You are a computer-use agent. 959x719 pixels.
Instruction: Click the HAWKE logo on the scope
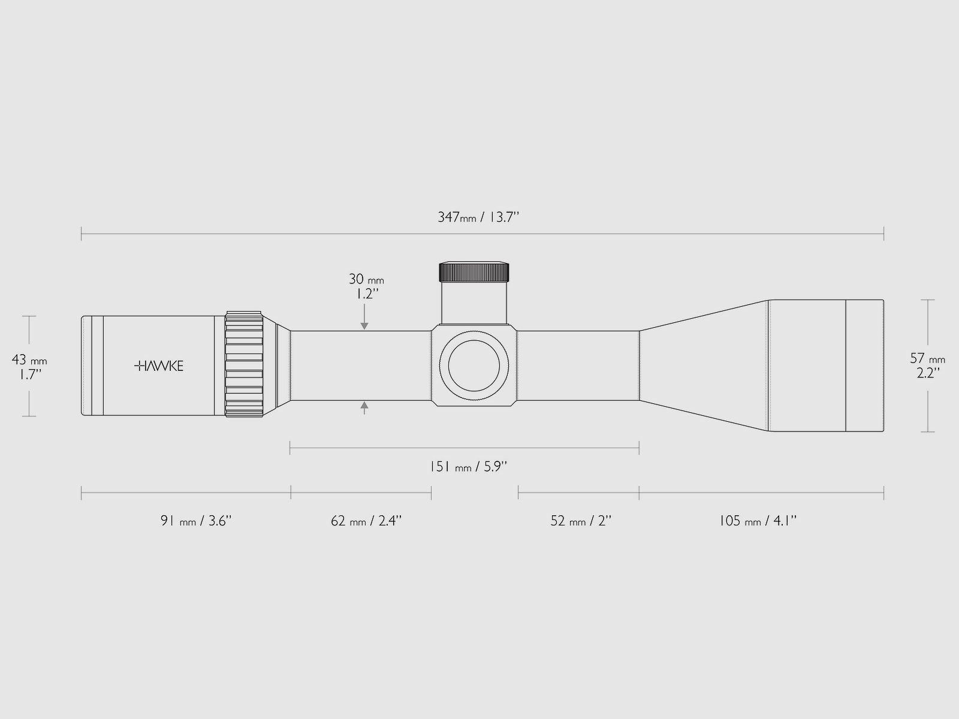(x=159, y=366)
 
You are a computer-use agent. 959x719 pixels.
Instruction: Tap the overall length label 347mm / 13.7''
(x=478, y=217)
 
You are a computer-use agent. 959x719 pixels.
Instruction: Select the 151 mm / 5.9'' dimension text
(x=468, y=467)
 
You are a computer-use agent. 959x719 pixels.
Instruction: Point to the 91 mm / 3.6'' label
(x=196, y=521)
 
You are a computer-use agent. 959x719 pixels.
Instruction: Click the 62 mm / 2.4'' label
(x=366, y=521)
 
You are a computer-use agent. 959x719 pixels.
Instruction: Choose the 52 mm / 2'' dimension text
(x=581, y=521)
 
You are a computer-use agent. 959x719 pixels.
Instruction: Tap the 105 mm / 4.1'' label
(x=758, y=521)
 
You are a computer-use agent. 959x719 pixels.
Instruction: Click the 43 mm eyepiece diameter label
(x=29, y=359)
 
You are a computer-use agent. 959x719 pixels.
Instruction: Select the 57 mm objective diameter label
(x=928, y=358)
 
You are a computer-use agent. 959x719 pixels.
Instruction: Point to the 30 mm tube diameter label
(x=366, y=279)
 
